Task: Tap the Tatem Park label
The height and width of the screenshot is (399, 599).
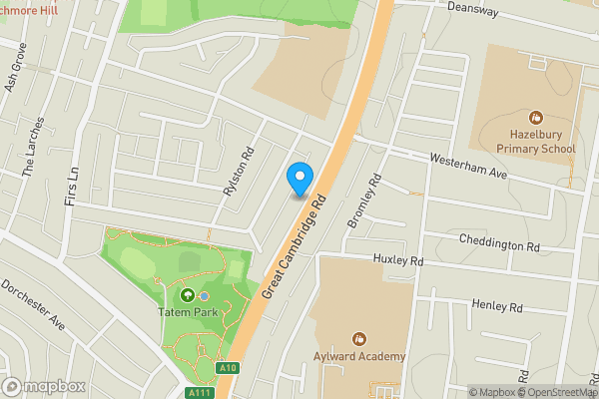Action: (187, 312)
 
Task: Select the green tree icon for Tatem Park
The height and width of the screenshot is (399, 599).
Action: (187, 295)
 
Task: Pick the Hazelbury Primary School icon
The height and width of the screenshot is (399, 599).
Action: (536, 118)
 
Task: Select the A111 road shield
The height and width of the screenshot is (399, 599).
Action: (202, 392)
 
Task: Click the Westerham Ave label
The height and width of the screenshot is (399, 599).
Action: (469, 166)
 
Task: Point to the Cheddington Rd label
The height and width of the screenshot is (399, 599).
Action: (499, 242)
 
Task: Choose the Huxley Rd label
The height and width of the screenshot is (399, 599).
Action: (398, 260)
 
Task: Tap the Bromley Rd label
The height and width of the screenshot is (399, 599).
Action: (364, 201)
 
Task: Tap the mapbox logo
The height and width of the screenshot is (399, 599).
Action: (43, 386)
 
